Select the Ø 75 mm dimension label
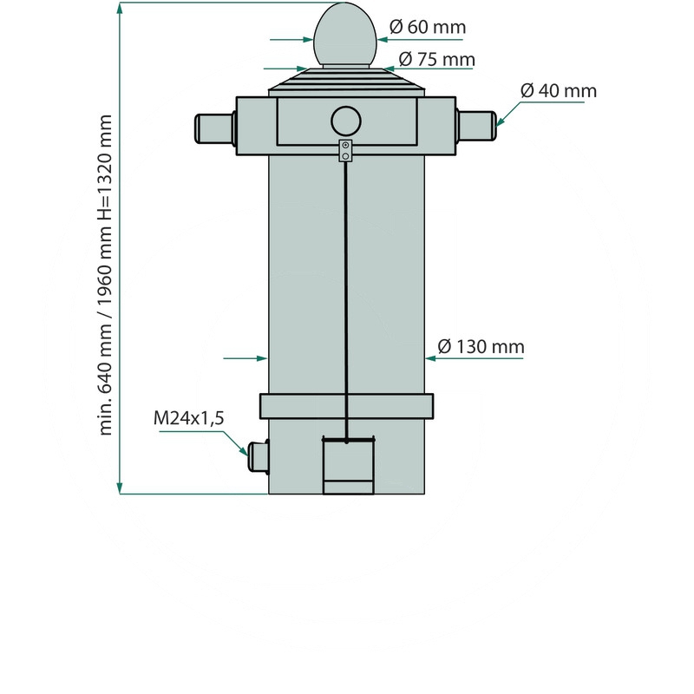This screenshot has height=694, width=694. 436,59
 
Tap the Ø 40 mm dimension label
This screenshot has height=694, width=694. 559,90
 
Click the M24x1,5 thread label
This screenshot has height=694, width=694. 189,418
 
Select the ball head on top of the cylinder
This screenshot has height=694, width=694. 345,36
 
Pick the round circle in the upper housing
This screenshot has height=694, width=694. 346,120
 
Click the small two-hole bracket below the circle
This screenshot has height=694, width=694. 346,150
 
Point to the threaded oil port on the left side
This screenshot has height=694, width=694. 258,456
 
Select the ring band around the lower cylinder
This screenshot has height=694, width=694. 346,406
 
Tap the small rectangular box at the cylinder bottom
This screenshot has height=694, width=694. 349,466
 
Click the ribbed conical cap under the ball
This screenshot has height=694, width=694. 346,81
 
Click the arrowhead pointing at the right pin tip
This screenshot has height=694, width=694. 501,122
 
